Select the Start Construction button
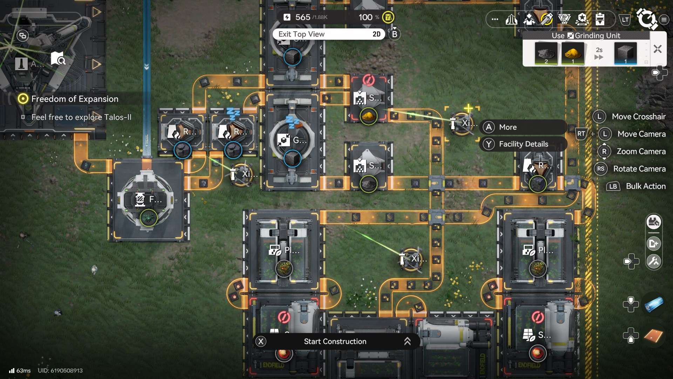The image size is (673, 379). (x=335, y=341)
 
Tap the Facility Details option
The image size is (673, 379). (x=523, y=144)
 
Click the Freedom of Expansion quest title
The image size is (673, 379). (x=75, y=99)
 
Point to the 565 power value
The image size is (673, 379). (x=302, y=17)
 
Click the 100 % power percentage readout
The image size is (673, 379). (x=368, y=17)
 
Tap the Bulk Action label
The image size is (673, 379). (x=645, y=186)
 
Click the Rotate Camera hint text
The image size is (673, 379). (x=639, y=169)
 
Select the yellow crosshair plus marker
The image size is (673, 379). (x=468, y=108)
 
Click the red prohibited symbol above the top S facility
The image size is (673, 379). (x=368, y=80)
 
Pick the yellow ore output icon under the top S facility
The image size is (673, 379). (x=368, y=116)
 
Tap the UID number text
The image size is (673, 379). (x=60, y=371)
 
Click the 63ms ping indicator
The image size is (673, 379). (x=20, y=371)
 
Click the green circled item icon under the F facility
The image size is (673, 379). (x=149, y=218)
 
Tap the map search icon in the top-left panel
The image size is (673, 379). (x=58, y=59)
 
